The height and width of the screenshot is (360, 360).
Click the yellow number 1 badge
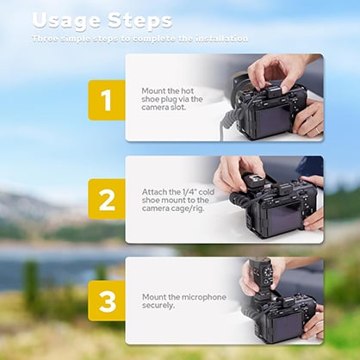tap(107, 100)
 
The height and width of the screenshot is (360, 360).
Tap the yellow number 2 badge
tap(107, 201)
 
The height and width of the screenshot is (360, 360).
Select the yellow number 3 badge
tap(107, 301)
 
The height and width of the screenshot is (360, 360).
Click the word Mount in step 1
tap(153, 89)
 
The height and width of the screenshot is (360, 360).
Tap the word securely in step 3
tap(159, 307)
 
